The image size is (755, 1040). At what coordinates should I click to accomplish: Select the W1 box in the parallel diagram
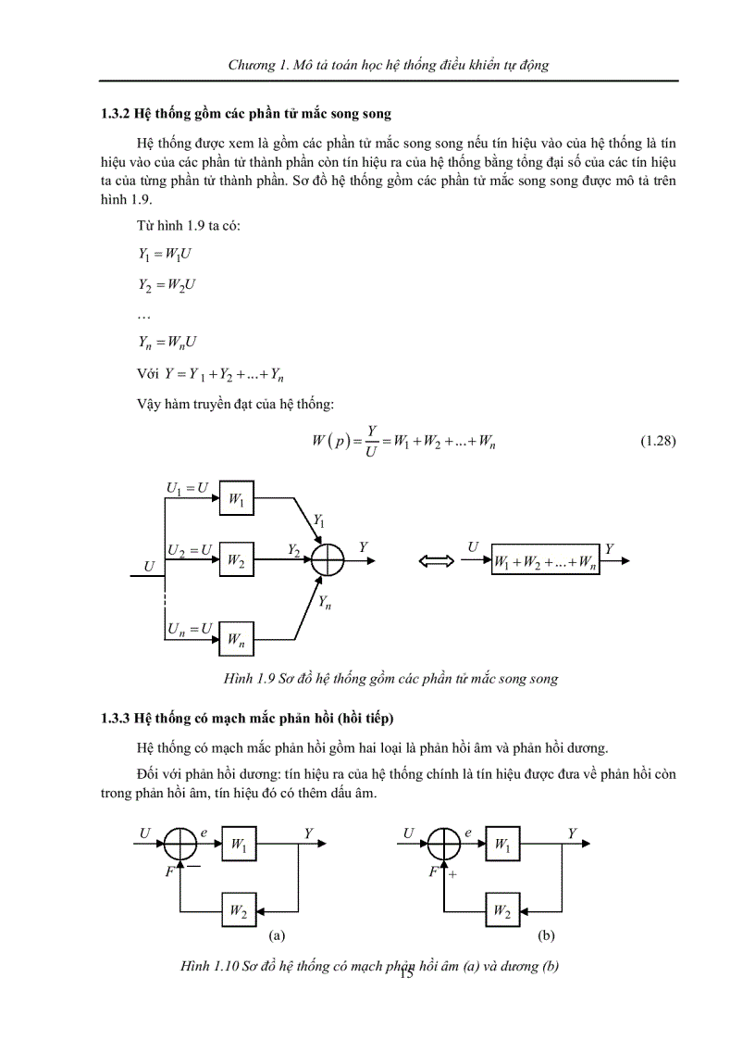236,501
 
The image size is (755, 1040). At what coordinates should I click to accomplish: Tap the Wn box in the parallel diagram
236,639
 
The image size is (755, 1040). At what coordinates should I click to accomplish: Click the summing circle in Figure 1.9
328,560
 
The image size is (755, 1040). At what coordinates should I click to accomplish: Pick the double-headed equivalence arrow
434,561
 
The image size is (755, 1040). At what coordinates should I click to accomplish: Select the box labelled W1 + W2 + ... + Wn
545,561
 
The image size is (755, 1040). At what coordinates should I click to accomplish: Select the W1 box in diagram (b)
502,844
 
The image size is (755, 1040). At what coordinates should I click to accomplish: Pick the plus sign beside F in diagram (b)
453,872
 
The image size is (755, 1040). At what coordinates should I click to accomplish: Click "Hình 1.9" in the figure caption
246,679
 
